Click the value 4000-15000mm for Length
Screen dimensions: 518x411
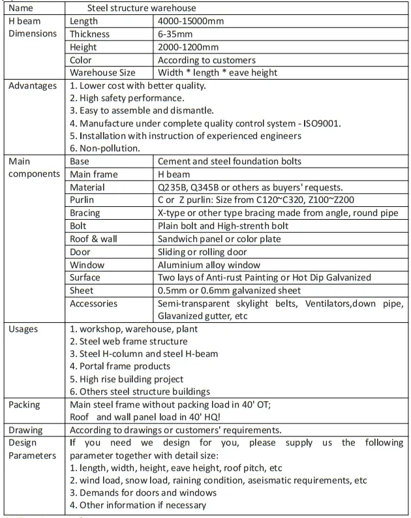(190, 22)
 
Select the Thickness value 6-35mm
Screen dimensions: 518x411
(176, 35)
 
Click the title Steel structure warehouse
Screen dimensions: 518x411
(142, 8)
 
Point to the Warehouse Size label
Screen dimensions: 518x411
(102, 72)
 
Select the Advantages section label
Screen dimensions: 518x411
(32, 85)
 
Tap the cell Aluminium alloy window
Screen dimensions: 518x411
(209, 264)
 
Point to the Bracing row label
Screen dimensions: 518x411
(85, 213)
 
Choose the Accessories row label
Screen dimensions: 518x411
(94, 303)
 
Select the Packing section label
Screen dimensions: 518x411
(24, 404)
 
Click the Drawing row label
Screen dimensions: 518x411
(26, 430)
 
